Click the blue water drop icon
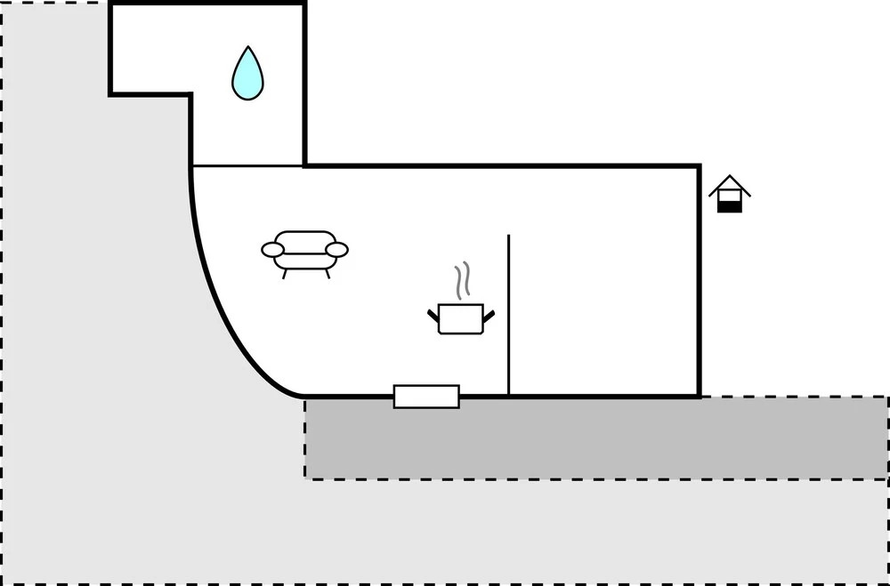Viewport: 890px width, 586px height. pyautogui.click(x=248, y=74)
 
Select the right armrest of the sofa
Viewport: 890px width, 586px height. pyautogui.click(x=336, y=250)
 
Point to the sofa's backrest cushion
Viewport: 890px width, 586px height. pyautogui.click(x=304, y=240)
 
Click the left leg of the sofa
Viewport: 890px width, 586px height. pyautogui.click(x=284, y=273)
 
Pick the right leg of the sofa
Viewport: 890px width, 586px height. pyautogui.click(x=327, y=273)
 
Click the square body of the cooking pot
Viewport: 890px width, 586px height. pyautogui.click(x=461, y=318)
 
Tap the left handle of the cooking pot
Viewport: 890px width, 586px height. pyautogui.click(x=433, y=315)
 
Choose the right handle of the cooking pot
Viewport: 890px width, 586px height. pyautogui.click(x=489, y=315)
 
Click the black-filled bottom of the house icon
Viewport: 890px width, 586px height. pyautogui.click(x=730, y=206)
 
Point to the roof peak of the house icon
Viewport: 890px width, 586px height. pyautogui.click(x=730, y=177)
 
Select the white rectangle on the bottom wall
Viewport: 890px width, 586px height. pyautogui.click(x=426, y=397)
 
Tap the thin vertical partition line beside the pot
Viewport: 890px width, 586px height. pyautogui.click(x=508, y=311)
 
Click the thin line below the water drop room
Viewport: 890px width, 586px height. pyautogui.click(x=247, y=166)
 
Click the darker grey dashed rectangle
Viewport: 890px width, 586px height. pyautogui.click(x=596, y=438)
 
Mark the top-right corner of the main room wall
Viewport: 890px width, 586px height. pyautogui.click(x=699, y=166)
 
